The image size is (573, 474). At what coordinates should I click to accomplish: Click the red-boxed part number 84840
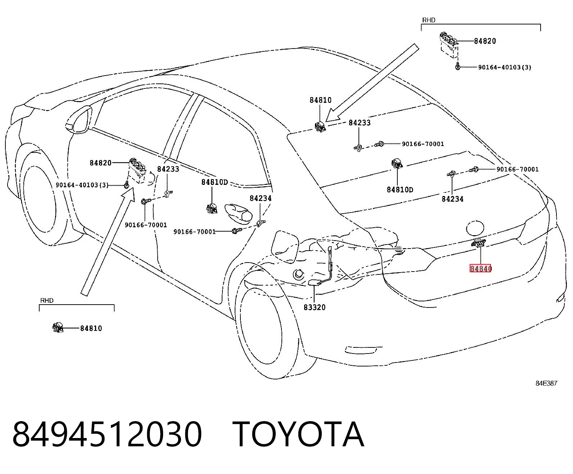(x=480, y=268)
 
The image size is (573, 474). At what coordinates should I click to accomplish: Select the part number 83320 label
(x=315, y=307)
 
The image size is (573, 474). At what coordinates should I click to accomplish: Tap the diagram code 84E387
(x=546, y=383)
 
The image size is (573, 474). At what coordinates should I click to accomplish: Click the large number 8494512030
(x=107, y=434)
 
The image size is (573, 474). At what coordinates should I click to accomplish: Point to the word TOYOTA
(x=298, y=434)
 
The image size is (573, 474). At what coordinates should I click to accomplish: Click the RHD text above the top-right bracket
(x=429, y=20)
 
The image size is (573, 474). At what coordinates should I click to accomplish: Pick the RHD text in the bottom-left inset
(x=47, y=300)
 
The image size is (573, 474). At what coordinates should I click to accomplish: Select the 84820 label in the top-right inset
(x=485, y=41)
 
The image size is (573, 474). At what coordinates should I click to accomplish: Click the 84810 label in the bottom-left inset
(x=91, y=328)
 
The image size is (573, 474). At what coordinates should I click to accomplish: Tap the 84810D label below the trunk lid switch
(x=400, y=190)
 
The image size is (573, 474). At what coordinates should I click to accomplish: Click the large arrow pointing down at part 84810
(x=372, y=83)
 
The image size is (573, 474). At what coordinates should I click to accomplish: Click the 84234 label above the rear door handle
(x=261, y=198)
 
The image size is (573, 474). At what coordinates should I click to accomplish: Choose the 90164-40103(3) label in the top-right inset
(x=505, y=67)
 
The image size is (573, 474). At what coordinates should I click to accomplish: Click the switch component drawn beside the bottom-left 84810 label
(x=58, y=328)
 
